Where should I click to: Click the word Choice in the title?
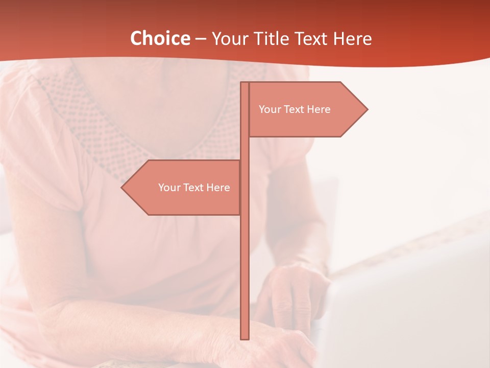[x=160, y=38]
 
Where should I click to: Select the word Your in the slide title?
[x=230, y=38]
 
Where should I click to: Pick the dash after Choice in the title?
[x=201, y=39]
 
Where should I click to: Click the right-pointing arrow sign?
[x=306, y=109]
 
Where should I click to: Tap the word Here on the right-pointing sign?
[x=319, y=109]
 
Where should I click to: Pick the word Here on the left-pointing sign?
[x=218, y=188]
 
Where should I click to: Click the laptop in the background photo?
[x=408, y=307]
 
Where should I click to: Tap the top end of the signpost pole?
[x=244, y=83]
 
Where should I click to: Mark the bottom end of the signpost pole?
[x=244, y=338]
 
